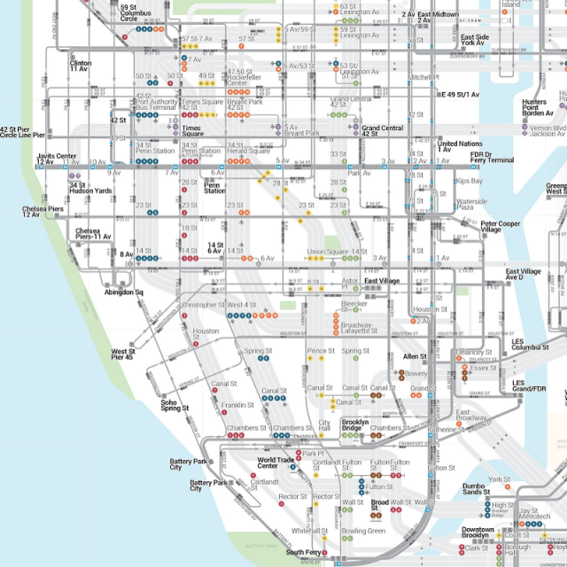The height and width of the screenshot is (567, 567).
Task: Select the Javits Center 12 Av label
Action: point(57,159)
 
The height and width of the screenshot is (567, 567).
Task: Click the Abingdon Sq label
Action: point(123,291)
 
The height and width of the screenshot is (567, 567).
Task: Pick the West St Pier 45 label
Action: point(122,355)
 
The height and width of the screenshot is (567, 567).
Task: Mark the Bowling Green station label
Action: point(364,531)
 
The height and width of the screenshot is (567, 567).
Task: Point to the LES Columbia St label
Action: point(531,345)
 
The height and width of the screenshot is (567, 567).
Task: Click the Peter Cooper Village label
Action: point(501,227)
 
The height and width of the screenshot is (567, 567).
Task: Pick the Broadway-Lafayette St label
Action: point(359,328)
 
